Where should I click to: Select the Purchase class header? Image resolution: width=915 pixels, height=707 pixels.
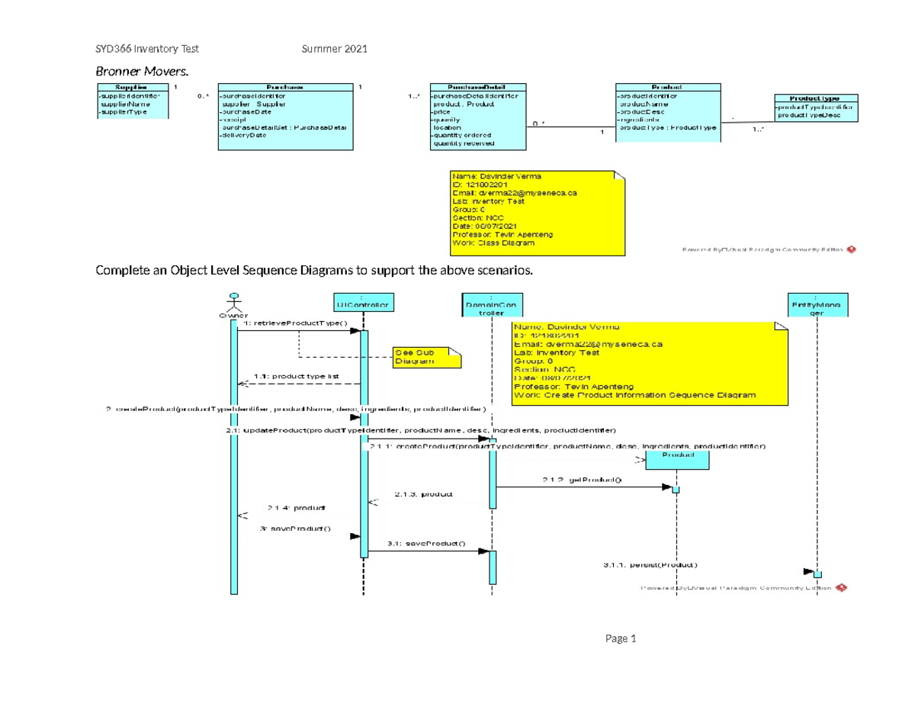(x=285, y=88)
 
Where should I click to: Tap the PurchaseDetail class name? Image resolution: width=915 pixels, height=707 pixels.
(x=477, y=88)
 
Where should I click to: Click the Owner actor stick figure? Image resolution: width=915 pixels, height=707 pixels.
(x=236, y=300)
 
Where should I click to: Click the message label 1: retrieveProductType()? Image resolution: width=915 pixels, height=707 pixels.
(x=294, y=323)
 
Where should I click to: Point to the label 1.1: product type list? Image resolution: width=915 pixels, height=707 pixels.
(x=287, y=376)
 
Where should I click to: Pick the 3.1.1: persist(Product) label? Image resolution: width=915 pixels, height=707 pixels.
(x=650, y=565)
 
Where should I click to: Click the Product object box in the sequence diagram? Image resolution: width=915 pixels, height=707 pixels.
(x=678, y=455)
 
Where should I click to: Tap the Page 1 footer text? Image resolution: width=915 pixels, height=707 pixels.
(x=621, y=639)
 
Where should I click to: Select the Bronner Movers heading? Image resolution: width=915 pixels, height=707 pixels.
(x=140, y=72)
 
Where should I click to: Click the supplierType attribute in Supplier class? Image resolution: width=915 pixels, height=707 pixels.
(x=122, y=112)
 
